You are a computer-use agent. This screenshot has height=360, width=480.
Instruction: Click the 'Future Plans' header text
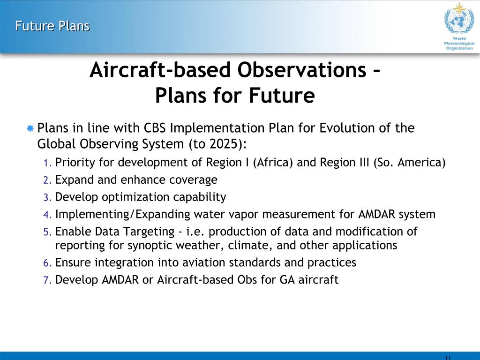point(52,26)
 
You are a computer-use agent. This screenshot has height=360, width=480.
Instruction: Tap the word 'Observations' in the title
point(302,70)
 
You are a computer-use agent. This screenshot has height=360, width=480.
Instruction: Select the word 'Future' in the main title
point(282,95)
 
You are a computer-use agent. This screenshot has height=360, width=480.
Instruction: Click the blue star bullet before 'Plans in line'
point(30,128)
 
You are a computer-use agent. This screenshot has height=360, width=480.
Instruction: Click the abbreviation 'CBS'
point(155,128)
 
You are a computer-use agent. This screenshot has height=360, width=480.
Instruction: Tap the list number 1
point(47,163)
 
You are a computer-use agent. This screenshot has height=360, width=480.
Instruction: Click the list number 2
point(47,180)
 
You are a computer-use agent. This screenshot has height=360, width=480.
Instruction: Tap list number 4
point(47,215)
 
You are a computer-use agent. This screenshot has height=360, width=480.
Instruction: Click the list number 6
point(47,263)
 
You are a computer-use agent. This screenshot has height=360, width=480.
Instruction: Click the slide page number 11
point(448,358)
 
